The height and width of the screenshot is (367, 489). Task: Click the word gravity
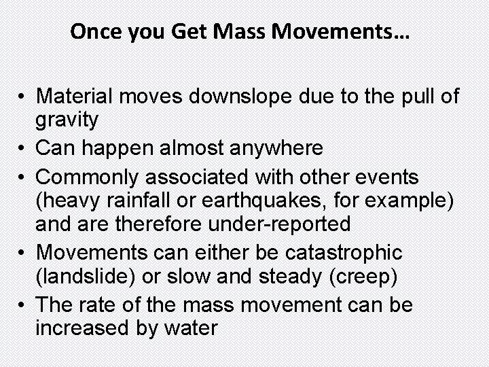[67, 120]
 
